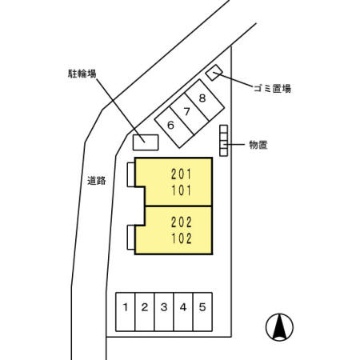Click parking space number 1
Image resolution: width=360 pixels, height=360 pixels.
126,312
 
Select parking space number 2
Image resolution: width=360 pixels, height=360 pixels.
145,312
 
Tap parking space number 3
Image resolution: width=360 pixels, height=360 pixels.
164,312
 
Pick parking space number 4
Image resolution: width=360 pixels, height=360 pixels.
183,312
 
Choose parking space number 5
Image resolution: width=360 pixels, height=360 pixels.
202,312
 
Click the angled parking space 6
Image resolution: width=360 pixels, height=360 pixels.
174,127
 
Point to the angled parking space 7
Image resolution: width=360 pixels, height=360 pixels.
190,114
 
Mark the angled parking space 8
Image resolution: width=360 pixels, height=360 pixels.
205,100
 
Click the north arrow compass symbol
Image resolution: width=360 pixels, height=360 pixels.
279,327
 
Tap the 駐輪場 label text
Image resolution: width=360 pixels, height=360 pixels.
82,74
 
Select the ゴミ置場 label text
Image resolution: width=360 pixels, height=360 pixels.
272,88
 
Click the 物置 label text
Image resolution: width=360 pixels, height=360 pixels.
258,145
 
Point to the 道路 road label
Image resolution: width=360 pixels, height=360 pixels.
97,181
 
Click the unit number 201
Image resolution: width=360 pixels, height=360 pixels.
182,174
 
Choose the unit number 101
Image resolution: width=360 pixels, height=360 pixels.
182,190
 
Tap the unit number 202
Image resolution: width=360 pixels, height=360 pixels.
182,222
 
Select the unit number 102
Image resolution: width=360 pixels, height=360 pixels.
182,238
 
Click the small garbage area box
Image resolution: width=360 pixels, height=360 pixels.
214,72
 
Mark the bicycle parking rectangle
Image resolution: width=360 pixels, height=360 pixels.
146,142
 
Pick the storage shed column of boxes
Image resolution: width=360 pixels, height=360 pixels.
224,141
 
